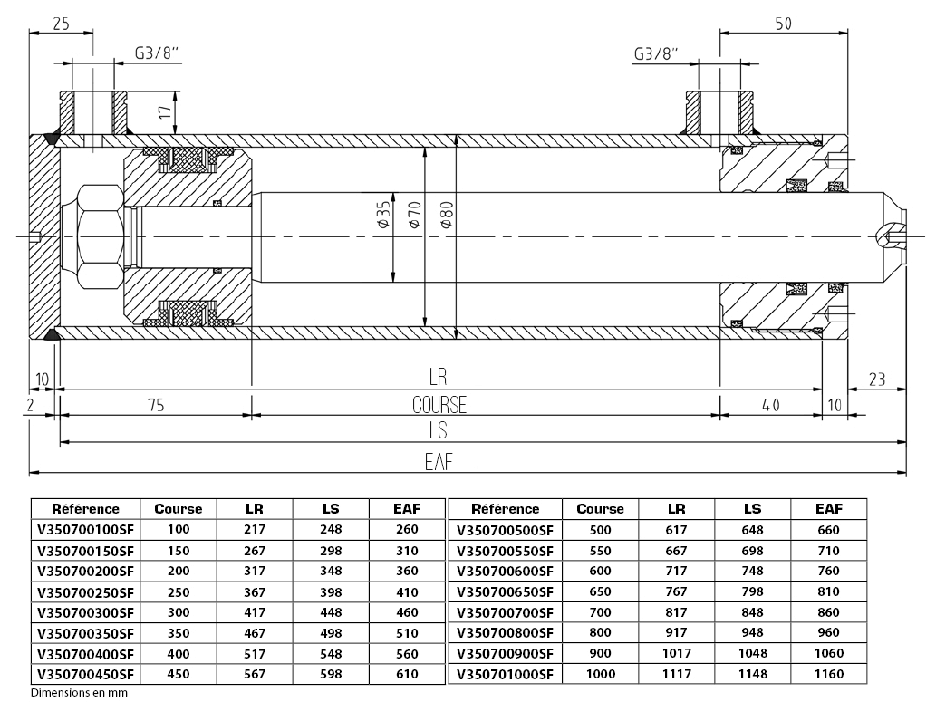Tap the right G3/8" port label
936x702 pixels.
click(656, 53)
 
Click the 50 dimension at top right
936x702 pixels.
click(784, 24)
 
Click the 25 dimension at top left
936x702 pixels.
click(61, 24)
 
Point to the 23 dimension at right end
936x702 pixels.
click(876, 380)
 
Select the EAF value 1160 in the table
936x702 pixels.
click(828, 674)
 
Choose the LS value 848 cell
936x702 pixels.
click(752, 612)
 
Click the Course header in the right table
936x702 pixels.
click(600, 509)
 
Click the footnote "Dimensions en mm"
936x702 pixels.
click(79, 693)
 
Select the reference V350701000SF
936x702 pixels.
click(505, 674)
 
